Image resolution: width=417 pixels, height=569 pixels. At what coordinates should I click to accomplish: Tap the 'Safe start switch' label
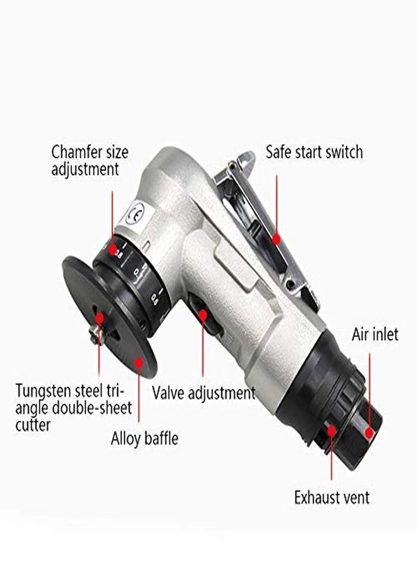tap(314, 152)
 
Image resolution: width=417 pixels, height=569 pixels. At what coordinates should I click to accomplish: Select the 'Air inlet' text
tap(375, 334)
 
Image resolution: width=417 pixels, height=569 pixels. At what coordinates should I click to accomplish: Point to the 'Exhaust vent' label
tap(332, 497)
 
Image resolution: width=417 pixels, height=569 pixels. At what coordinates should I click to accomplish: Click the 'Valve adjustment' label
tap(203, 393)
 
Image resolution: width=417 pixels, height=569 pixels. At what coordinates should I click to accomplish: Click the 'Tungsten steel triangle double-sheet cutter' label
tap(75, 407)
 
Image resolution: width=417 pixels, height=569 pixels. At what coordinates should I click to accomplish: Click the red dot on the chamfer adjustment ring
tap(113, 250)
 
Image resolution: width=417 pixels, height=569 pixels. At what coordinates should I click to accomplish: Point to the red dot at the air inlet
tap(370, 432)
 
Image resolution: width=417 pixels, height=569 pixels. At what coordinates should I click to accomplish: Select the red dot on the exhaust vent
tap(331, 431)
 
